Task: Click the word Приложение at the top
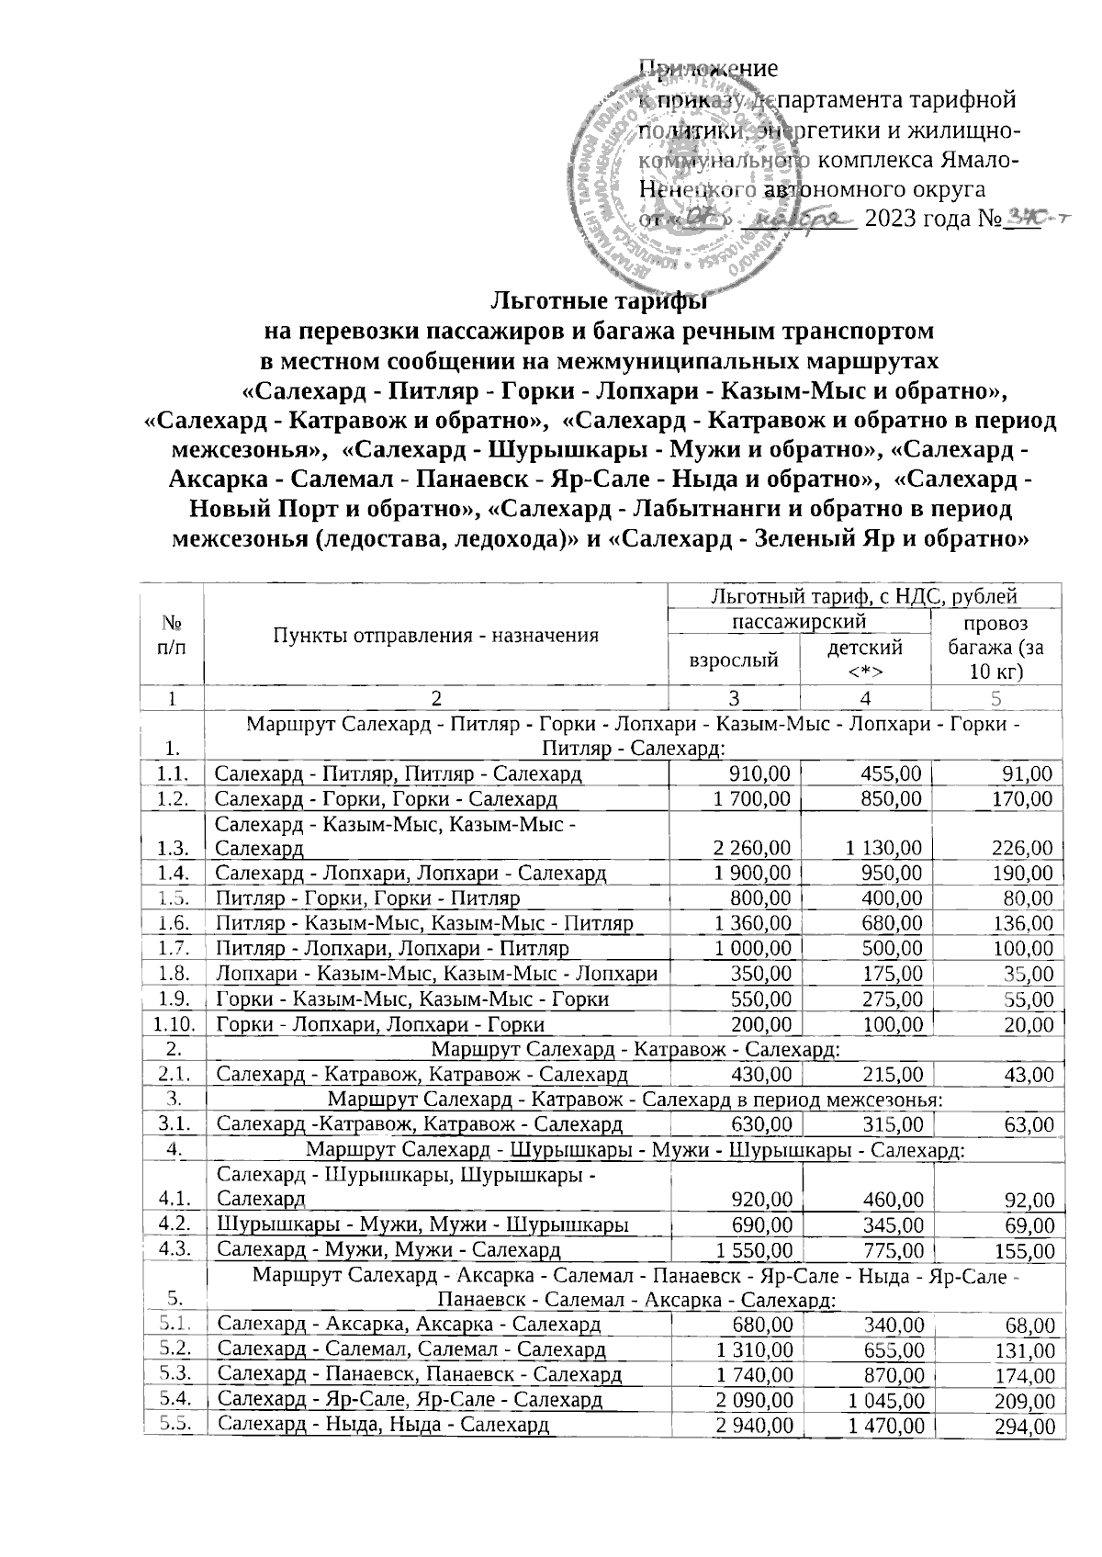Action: click(708, 68)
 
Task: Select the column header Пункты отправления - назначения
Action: click(436, 635)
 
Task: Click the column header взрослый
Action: click(735, 659)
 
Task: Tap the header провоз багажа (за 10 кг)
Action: click(995, 648)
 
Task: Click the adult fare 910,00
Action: click(759, 773)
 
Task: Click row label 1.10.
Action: click(172, 1023)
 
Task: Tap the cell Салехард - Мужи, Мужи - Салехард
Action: click(388, 1249)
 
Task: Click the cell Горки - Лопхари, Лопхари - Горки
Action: click(380, 1023)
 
